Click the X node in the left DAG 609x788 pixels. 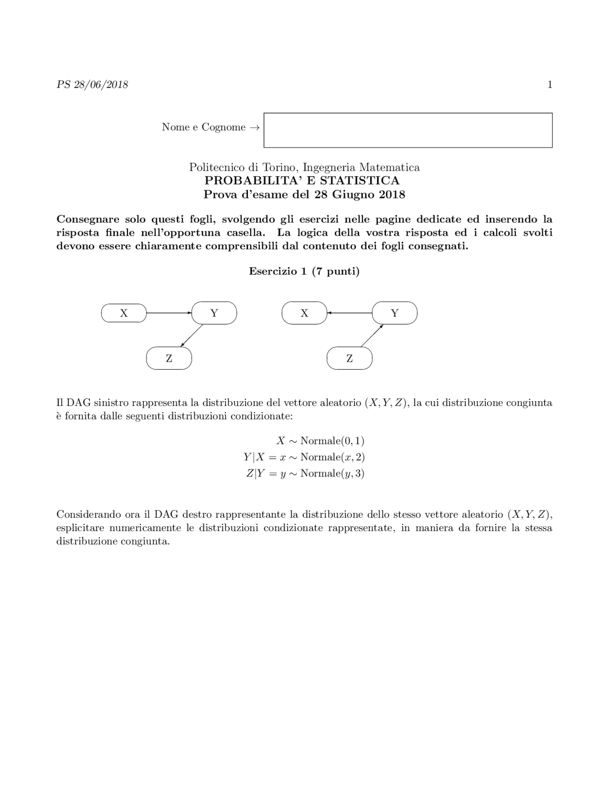coord(124,313)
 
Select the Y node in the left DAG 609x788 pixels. coord(214,313)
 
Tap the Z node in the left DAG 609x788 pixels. coord(169,358)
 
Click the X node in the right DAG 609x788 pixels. coord(304,313)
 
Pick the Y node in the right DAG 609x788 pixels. coord(394,313)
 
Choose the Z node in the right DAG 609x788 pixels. coord(350,358)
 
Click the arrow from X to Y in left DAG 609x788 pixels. coord(169,313)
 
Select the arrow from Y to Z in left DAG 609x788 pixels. coord(192,335)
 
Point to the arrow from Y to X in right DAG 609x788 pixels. coord(350,313)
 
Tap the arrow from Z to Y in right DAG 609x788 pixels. coord(372,335)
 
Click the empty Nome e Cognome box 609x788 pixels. coord(408,130)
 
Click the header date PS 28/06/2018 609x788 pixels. coord(92,85)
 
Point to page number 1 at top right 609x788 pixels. coord(550,85)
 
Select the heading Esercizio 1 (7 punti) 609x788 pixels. coord(304,271)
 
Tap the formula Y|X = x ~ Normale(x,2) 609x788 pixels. coord(304,457)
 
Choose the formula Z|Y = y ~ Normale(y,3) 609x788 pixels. coord(305,473)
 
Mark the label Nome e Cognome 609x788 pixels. coord(204,127)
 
